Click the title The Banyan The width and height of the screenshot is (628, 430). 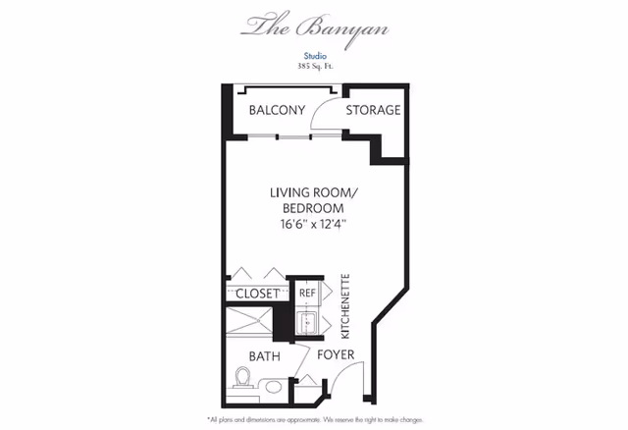tap(315, 28)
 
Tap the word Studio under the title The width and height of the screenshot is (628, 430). tap(315, 56)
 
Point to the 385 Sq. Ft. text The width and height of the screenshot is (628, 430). tap(315, 66)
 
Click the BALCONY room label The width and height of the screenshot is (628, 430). tap(277, 110)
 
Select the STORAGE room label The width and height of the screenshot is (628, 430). tap(373, 110)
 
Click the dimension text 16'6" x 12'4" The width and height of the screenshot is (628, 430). tap(313, 224)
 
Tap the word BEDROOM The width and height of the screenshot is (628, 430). tap(313, 208)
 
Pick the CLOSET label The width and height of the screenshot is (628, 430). tap(257, 294)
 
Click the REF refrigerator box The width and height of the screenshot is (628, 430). tap(307, 293)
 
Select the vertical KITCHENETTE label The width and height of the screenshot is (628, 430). tap(345, 306)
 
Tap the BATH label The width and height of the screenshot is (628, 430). tap(265, 356)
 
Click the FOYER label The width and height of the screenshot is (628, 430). tap(336, 354)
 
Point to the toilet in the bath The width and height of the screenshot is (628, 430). tap(242, 378)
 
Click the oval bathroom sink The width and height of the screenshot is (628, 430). tap(273, 387)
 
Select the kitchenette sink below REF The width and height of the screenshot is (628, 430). tap(307, 323)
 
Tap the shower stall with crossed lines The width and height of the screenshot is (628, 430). tap(249, 320)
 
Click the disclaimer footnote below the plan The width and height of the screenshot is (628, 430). tap(315, 420)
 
